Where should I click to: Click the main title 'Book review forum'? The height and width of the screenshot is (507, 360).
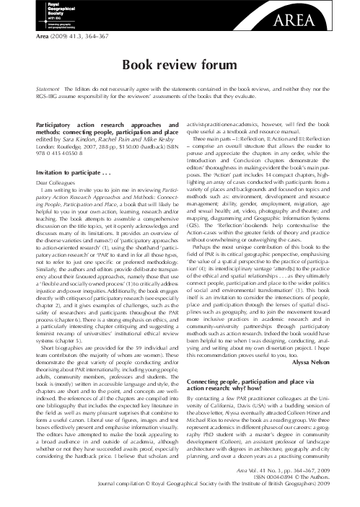point(180,66)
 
